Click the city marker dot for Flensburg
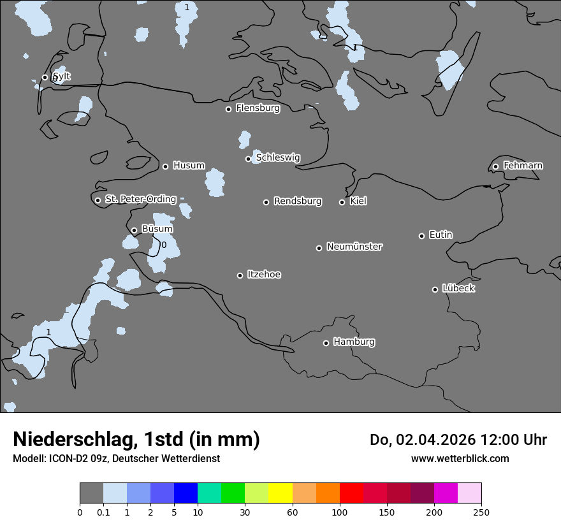click(x=228, y=109)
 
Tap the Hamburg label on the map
click(x=354, y=342)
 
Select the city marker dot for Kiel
click(x=342, y=202)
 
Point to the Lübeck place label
click(x=458, y=288)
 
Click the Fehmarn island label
click(x=523, y=166)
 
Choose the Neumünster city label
click(x=354, y=247)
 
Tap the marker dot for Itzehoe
click(x=240, y=275)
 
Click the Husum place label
click(x=189, y=166)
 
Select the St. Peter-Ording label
click(x=141, y=199)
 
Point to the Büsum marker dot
click(x=134, y=231)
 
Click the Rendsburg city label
click(x=298, y=201)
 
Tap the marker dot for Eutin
click(x=421, y=236)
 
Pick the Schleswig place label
click(x=278, y=157)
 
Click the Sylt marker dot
click(x=45, y=77)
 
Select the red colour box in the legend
click(x=351, y=493)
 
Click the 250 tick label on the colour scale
click(x=481, y=512)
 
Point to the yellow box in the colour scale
click(x=280, y=493)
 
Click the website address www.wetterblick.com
click(x=460, y=459)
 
